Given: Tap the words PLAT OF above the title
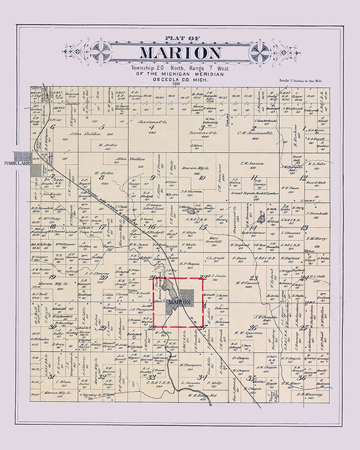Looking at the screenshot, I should pyautogui.click(x=180, y=38).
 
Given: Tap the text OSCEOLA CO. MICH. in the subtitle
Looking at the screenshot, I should pyautogui.click(x=180, y=77).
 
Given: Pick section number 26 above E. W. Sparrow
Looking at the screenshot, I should pyautogui.click(x=253, y=328).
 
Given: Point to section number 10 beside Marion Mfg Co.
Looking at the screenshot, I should pyautogui.click(x=201, y=178).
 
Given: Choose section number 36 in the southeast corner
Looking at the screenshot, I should pyautogui.click(x=302, y=379).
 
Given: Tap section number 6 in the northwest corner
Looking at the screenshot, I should pyautogui.click(x=54, y=127).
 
